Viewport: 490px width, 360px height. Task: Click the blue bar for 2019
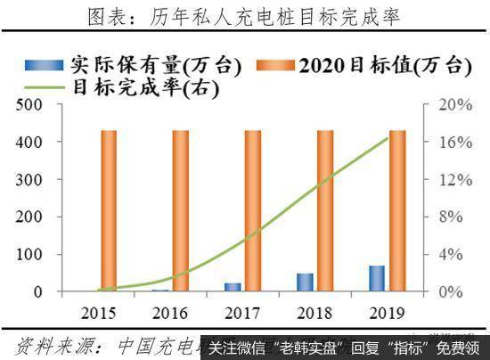coord(378,279)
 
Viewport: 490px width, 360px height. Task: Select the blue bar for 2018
coord(306,282)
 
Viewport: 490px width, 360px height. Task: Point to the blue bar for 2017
coord(233,287)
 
